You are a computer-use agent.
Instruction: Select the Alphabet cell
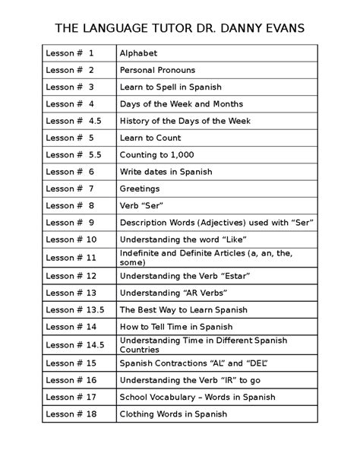coord(139,54)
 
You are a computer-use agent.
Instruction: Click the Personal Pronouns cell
coord(157,71)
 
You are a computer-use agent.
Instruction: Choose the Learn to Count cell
coord(151,138)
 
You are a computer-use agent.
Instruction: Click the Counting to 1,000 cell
coord(156,155)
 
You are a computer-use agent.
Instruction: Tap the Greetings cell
coord(140,189)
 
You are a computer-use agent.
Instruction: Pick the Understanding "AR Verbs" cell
coord(173,293)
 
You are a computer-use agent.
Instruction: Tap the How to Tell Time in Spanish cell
coord(175,326)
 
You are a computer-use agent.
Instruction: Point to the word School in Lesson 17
coord(134,397)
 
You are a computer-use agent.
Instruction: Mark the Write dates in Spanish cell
coord(166,172)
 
